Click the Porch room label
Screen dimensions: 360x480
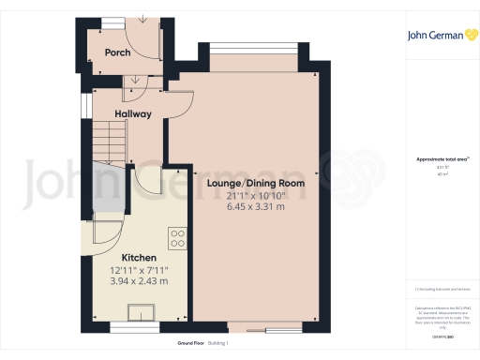point(117,53)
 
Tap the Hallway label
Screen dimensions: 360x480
point(133,114)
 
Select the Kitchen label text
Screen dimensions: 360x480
point(139,257)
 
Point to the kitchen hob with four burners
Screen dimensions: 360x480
point(175,236)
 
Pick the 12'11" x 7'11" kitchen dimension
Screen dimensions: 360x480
point(139,269)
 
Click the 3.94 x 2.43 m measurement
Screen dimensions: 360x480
point(139,280)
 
